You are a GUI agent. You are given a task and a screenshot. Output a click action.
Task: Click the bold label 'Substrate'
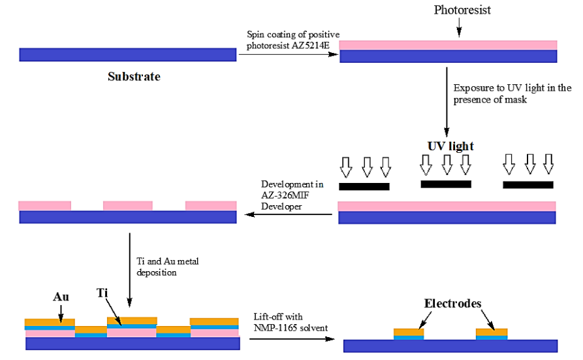point(134,76)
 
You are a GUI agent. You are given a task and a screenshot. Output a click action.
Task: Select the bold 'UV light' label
point(450,146)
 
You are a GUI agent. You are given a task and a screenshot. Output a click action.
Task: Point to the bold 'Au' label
point(61,297)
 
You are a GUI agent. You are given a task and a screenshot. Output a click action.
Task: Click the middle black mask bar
point(446,184)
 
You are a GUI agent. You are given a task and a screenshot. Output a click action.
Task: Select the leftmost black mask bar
point(364,186)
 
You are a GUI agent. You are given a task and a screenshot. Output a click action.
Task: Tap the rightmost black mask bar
point(528,185)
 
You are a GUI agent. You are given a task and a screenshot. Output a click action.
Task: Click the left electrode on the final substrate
point(409,334)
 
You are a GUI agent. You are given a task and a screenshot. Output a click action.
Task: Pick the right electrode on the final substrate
point(492,334)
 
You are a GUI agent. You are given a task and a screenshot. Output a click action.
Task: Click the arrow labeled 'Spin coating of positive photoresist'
point(288,55)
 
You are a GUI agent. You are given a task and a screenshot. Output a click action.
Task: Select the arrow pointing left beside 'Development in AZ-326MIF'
point(287,214)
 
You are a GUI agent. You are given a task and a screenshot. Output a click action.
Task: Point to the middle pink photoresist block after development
point(128,206)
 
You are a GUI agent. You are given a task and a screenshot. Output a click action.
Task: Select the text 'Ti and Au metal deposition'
point(167,266)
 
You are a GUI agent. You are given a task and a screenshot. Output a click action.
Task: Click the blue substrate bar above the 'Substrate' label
point(128,55)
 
